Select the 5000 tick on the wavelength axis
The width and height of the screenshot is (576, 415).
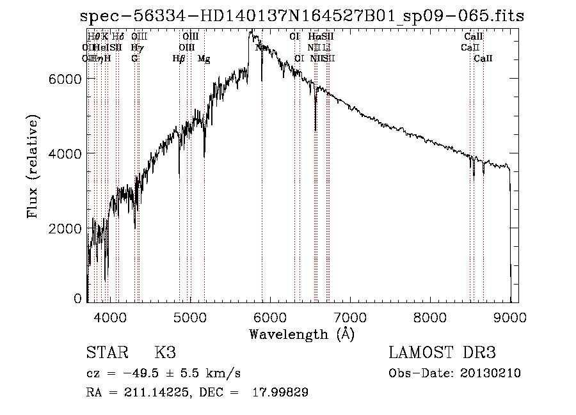point(189,317)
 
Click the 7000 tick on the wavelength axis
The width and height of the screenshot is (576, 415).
point(350,317)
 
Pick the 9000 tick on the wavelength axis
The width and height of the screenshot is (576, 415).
point(510,317)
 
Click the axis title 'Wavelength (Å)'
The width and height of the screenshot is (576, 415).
point(301,333)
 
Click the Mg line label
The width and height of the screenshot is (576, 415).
point(204,59)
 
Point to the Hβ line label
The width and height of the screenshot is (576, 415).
point(179,59)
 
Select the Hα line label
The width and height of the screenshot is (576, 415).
point(314,37)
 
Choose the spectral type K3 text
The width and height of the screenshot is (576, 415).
point(165,353)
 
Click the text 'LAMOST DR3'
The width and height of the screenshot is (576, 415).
point(442,353)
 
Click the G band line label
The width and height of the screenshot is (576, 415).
point(134,59)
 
